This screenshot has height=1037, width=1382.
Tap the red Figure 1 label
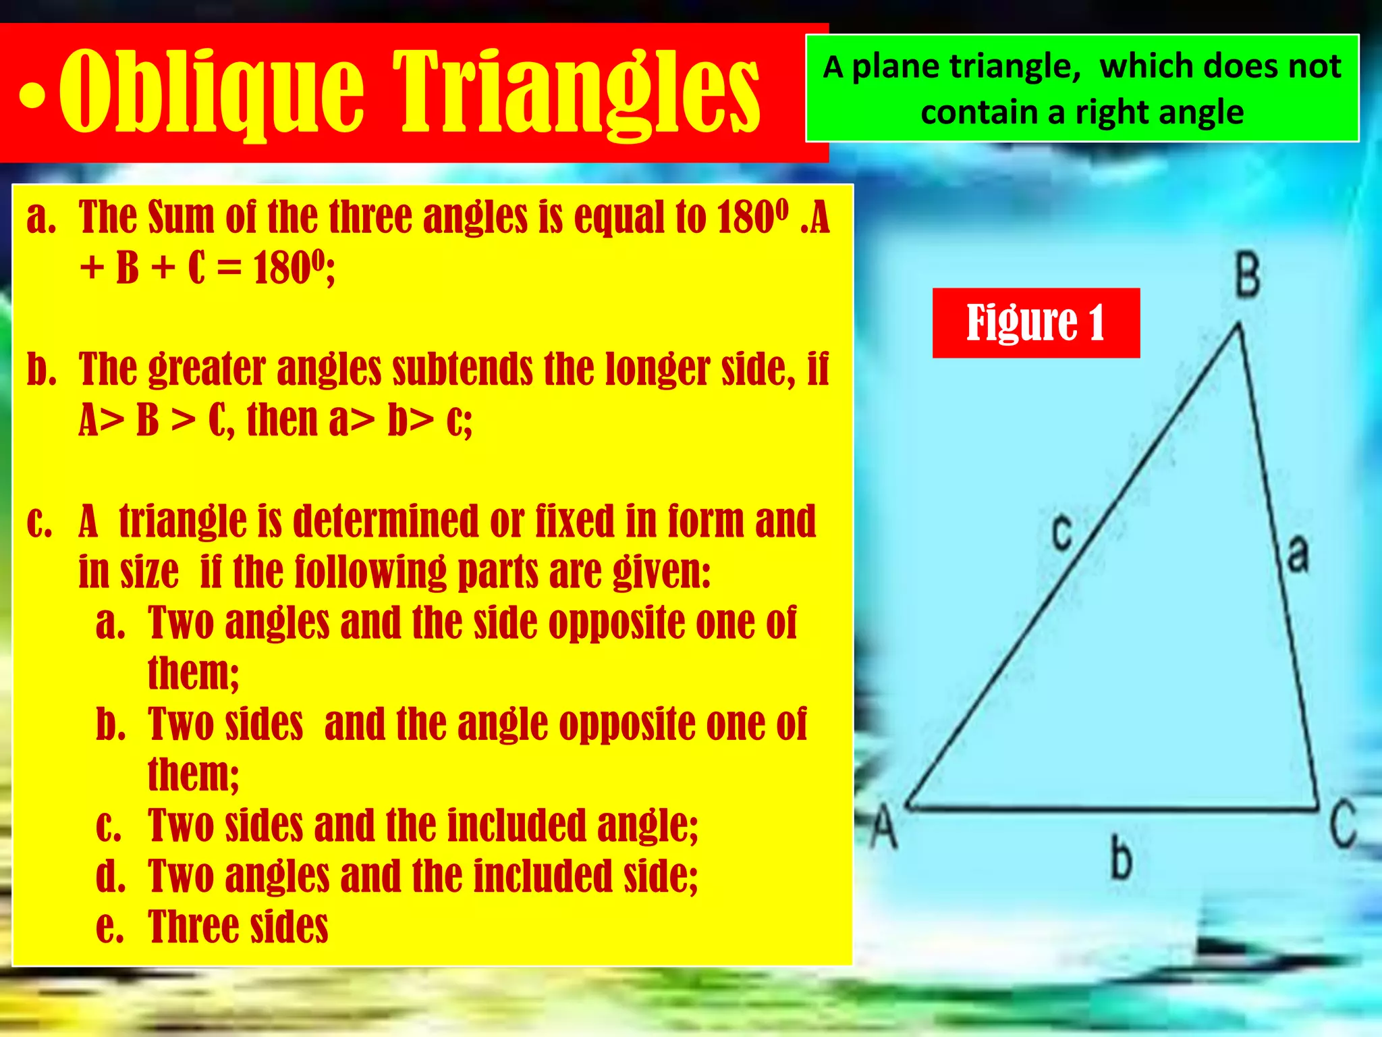(1036, 323)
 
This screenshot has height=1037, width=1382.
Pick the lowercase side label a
(1298, 554)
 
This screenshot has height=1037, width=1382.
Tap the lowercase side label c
(1062, 531)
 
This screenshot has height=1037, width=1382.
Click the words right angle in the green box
(1159, 112)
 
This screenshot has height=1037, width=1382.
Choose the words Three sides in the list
(238, 926)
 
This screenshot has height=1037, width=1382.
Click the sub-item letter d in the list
(110, 876)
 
